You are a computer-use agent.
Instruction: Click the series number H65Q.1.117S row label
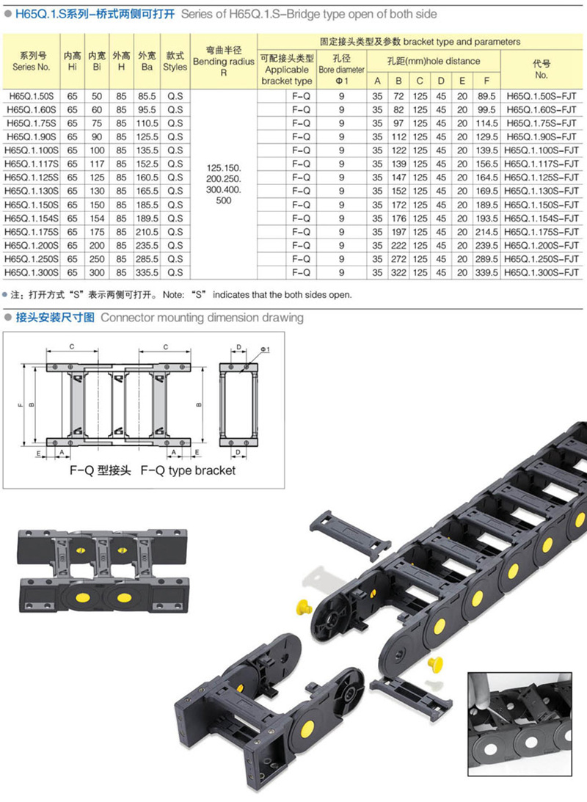click(32, 164)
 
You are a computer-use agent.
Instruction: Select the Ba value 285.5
click(147, 259)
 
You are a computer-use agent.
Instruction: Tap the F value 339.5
click(486, 273)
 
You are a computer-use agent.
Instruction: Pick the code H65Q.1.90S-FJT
click(541, 137)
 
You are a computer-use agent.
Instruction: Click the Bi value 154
click(97, 219)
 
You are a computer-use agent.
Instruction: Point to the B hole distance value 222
click(398, 246)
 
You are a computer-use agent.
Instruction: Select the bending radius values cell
click(224, 184)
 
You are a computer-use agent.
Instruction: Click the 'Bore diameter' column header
click(342, 70)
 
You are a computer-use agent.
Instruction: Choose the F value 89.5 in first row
click(486, 96)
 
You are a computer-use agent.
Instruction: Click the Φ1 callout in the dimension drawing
click(265, 350)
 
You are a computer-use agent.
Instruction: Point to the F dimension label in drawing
click(20, 405)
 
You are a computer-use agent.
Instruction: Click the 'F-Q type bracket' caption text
click(188, 470)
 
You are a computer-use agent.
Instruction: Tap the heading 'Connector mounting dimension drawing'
click(202, 318)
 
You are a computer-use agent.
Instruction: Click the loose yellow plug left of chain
click(304, 608)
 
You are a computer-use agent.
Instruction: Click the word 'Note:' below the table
click(173, 295)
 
